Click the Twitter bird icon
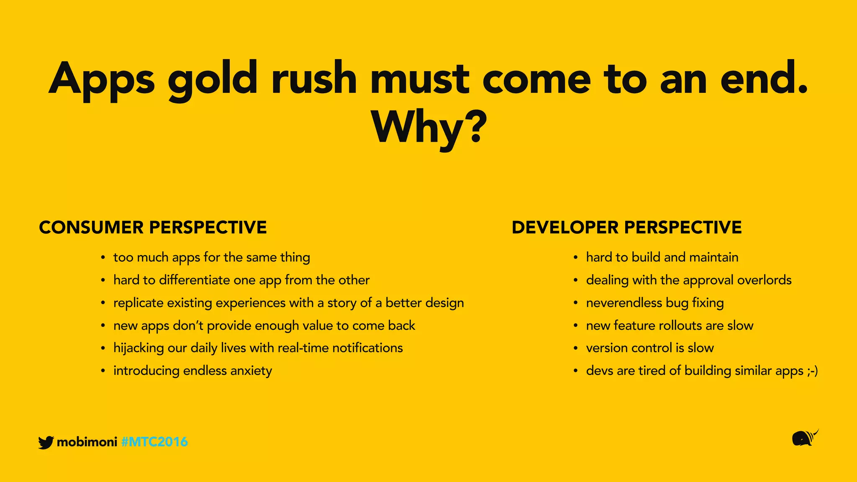(x=46, y=442)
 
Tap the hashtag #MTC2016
(x=154, y=442)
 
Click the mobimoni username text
(x=87, y=442)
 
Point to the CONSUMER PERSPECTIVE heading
(x=153, y=228)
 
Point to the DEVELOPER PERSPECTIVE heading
(x=626, y=228)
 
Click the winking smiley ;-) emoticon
(x=812, y=371)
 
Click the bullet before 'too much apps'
(x=103, y=258)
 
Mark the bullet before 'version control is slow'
(x=576, y=348)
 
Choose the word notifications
(x=367, y=348)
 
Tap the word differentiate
(x=194, y=280)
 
